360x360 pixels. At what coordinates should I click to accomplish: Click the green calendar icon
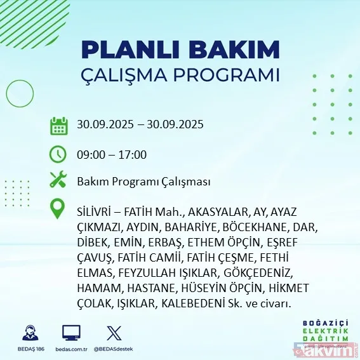[58, 125]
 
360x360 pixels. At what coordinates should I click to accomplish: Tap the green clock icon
[58, 154]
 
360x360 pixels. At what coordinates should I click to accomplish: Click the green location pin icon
[58, 210]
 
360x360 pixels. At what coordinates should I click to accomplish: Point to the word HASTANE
[137, 288]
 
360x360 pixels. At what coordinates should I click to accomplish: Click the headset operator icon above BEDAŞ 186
[30, 333]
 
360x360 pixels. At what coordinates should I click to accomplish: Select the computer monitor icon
[71, 333]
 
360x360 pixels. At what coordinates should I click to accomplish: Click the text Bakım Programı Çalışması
[143, 182]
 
